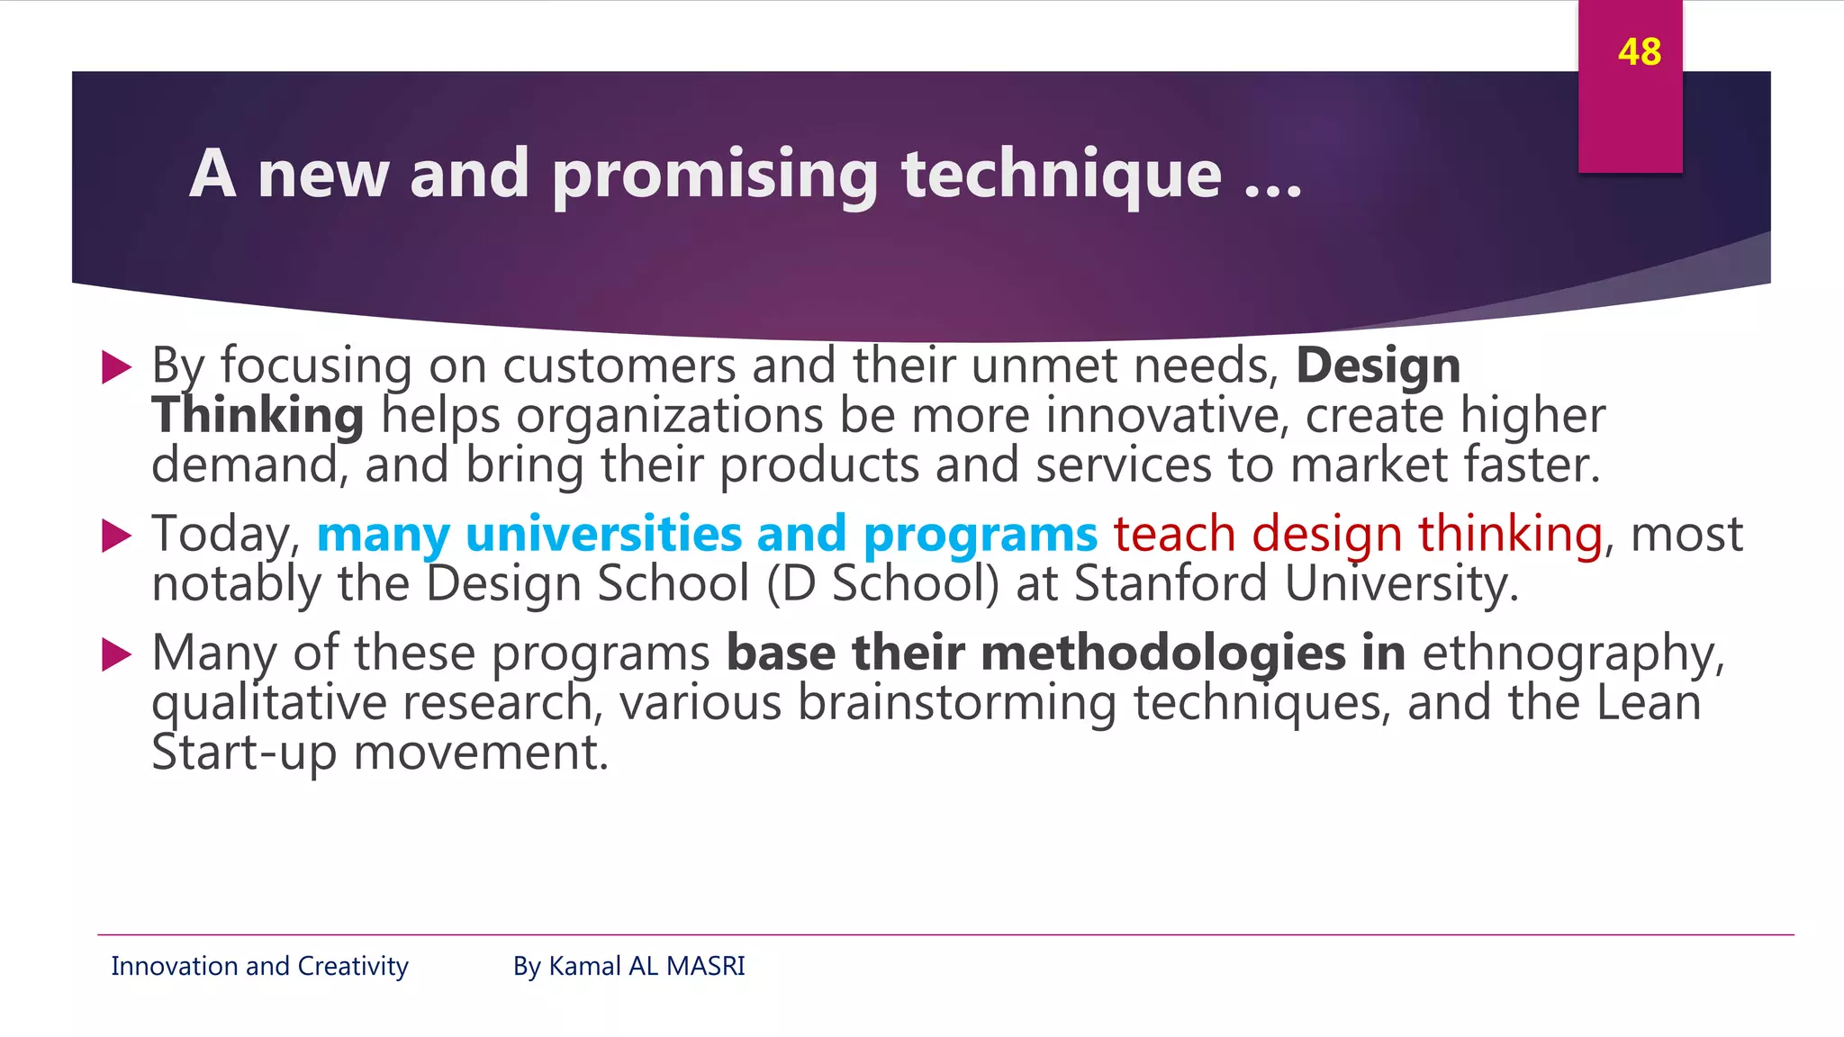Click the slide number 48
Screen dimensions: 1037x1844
point(1639,52)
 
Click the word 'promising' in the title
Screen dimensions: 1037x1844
point(715,175)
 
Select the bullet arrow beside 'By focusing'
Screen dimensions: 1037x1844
point(117,367)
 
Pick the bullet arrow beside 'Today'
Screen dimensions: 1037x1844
point(117,536)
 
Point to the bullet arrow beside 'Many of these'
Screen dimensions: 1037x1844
point(117,654)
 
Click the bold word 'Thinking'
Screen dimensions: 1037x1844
point(258,416)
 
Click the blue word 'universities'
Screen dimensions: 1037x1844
point(602,534)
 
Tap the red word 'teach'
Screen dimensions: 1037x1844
point(1173,534)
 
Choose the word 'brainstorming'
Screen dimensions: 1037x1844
point(956,703)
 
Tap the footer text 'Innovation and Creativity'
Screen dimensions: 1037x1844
point(259,966)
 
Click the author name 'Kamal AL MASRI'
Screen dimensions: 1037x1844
point(646,966)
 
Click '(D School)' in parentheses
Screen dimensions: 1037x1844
point(882,583)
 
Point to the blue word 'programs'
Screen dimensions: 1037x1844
point(980,536)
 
